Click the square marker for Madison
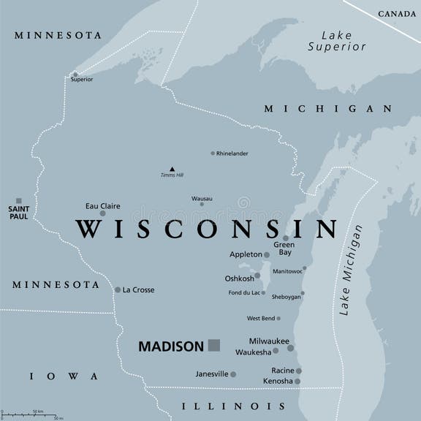(213, 346)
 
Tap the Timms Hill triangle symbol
(172, 168)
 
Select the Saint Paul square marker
(19, 201)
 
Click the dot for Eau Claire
(103, 213)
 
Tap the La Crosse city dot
(118, 290)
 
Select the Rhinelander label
(232, 153)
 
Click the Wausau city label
(202, 198)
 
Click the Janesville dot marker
(233, 374)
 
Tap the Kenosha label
(277, 382)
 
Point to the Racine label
(282, 371)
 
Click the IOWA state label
(63, 376)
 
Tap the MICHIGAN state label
(328, 108)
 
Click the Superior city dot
(75, 74)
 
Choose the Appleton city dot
(267, 255)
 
